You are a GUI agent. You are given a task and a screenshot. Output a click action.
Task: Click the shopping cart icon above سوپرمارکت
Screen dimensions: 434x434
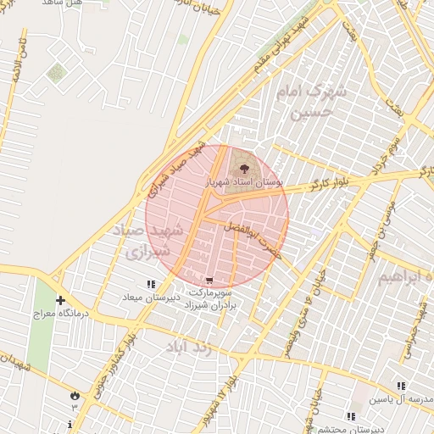[x=209, y=281]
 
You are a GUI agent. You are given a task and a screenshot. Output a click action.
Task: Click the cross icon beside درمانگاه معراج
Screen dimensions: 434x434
[x=60, y=300]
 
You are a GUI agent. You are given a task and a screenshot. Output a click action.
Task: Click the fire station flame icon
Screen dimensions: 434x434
[x=75, y=395]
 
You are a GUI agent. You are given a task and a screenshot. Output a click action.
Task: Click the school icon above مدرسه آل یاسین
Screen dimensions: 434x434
[x=402, y=386]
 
